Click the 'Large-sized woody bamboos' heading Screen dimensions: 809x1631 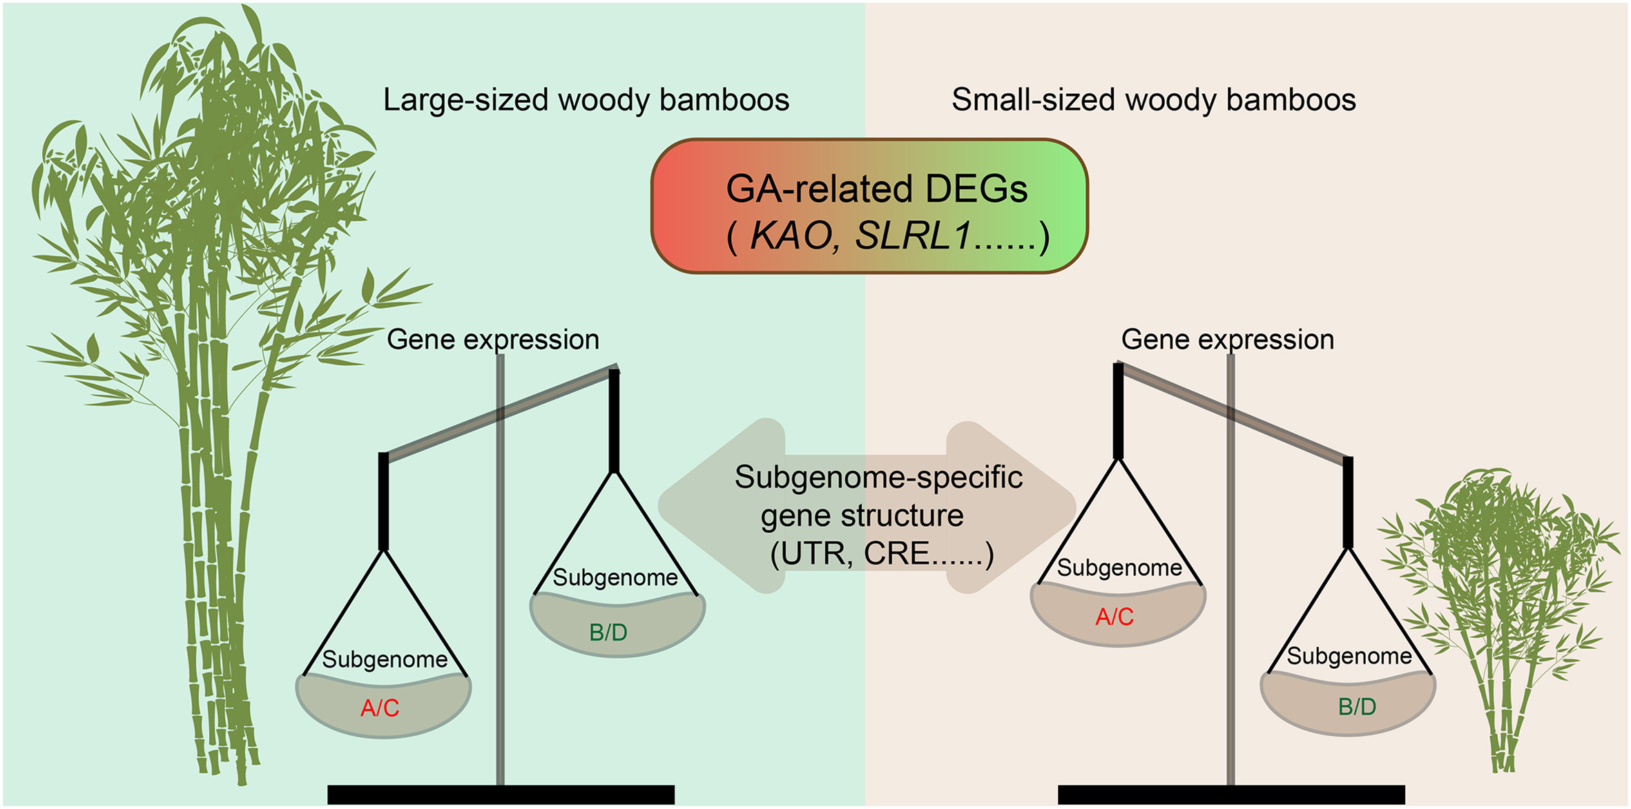586,100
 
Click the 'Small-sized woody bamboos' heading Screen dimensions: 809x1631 1153,100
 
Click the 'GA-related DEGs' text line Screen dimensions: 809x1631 876,189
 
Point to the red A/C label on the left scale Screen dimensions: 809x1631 380,708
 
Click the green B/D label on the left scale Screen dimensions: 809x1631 608,632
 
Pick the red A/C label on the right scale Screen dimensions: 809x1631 1114,616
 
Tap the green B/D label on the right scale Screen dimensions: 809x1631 1357,707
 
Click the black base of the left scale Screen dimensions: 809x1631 501,795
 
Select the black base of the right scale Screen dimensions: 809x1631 1231,795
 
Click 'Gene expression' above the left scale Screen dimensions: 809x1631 493,340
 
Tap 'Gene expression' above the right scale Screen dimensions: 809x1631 1227,340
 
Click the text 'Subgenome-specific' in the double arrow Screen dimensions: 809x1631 878,477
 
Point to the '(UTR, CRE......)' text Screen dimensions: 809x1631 882,554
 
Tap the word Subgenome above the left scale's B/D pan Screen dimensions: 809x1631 615,577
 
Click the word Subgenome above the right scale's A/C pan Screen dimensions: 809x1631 1119,567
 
